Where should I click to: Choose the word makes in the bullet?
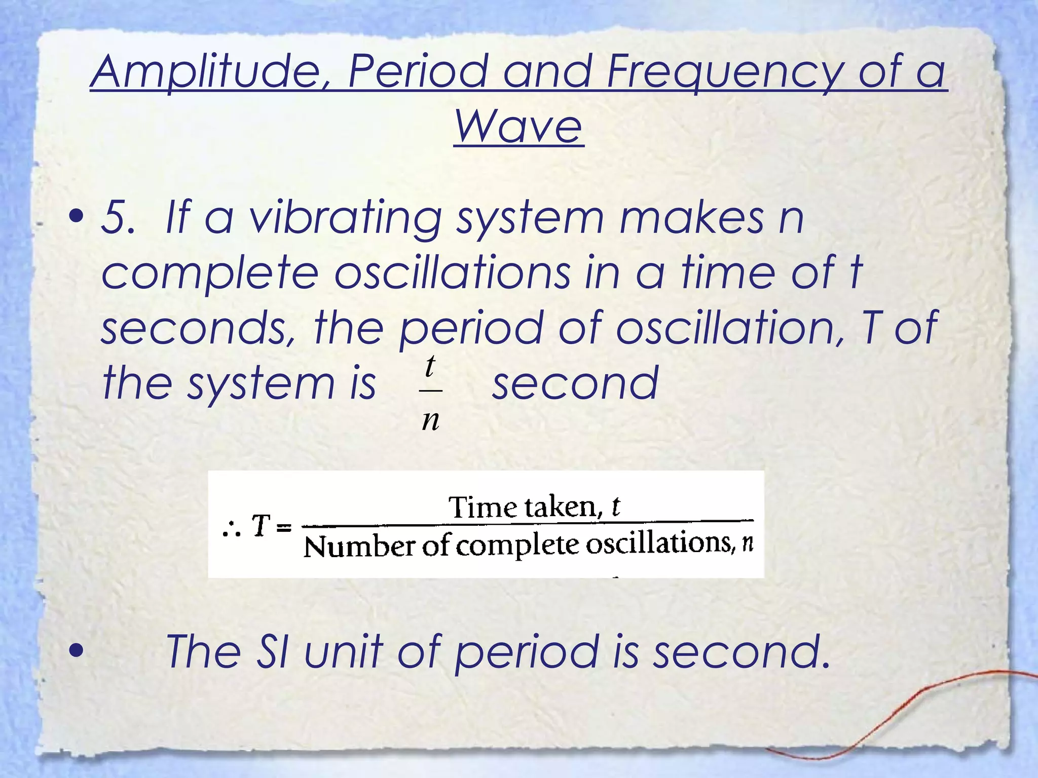691,218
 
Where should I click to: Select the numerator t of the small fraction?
430,366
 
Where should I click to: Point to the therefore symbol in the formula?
231,529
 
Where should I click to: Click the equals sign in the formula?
285,528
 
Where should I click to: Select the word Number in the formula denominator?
359,547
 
